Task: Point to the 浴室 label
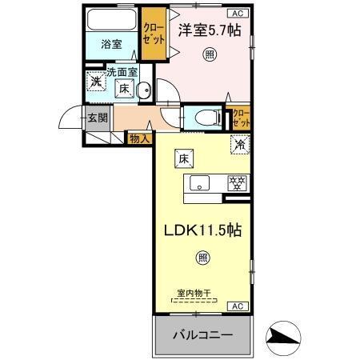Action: tap(111, 44)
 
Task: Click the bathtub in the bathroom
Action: tap(111, 19)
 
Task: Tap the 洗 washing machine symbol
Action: tap(95, 81)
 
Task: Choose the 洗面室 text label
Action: tap(123, 71)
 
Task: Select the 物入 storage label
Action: tap(138, 139)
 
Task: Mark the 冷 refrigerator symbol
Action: tap(238, 145)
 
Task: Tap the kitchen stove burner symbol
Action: tap(237, 182)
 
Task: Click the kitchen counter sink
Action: tap(198, 183)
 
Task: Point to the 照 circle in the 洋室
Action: tap(209, 54)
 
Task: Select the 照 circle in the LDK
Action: tap(202, 257)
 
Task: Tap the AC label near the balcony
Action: tap(238, 306)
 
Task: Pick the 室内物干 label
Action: tap(192, 293)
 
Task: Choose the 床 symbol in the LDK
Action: tap(182, 158)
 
